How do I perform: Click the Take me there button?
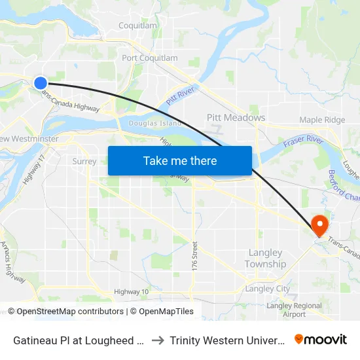point(180,160)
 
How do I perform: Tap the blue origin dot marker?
point(41,82)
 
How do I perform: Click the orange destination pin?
point(320,225)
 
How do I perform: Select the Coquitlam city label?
point(137,26)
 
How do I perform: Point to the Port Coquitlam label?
point(150,58)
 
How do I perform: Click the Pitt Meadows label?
point(236,118)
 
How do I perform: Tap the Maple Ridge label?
point(322,120)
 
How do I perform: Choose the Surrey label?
point(84,161)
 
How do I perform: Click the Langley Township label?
point(265,259)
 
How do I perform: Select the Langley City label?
point(267,289)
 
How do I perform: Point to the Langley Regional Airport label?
point(294,310)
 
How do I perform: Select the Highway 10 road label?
point(131,292)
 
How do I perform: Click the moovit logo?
point(321,340)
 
